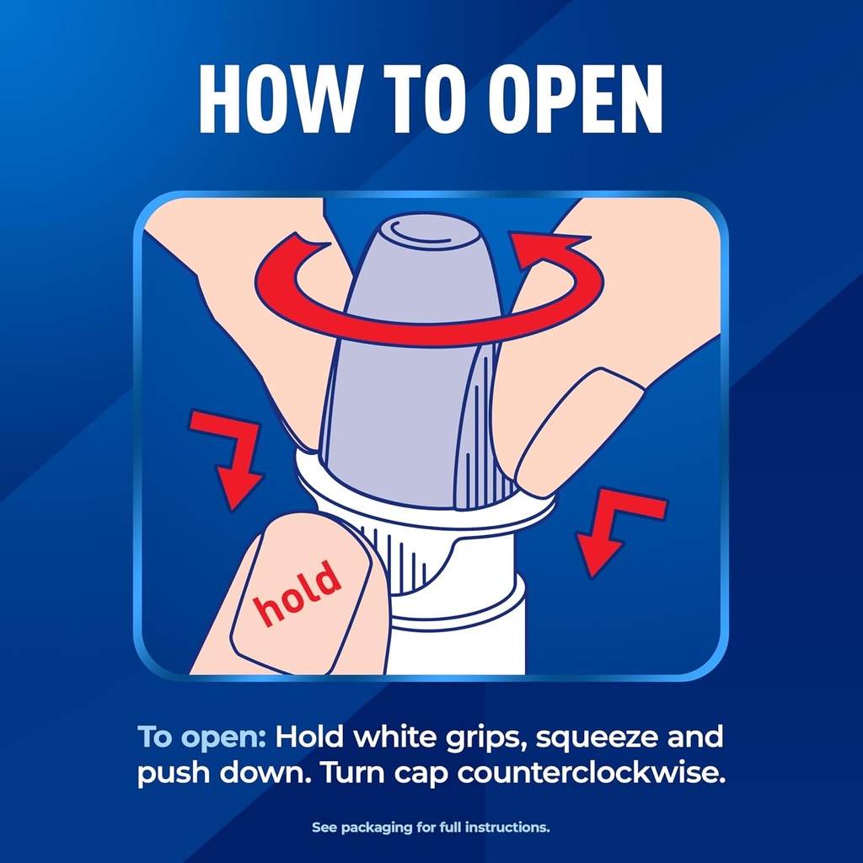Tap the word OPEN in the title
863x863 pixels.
[575, 99]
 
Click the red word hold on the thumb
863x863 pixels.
[297, 593]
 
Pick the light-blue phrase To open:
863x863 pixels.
[201, 737]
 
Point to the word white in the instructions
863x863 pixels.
[395, 737]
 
